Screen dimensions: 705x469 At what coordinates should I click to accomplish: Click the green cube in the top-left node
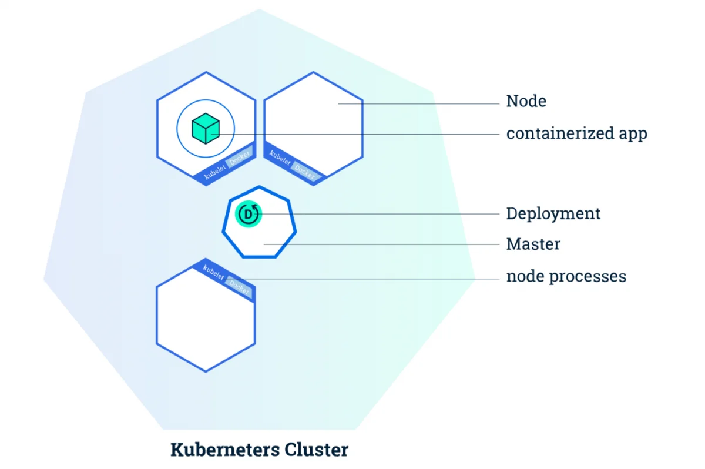206,129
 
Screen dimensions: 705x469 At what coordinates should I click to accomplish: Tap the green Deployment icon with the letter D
249,214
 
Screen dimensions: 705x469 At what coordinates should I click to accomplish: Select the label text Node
526,101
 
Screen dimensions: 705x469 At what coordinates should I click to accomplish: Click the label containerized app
576,133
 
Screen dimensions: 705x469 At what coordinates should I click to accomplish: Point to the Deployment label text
553,213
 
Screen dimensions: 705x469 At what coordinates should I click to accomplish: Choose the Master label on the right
533,244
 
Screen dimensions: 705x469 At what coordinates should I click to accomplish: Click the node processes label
566,276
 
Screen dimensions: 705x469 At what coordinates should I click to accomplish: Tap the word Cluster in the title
316,449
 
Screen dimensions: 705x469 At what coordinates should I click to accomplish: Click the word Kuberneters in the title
225,449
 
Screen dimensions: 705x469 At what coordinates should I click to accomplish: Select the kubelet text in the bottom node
213,272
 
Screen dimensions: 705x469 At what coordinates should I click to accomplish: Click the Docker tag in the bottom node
239,287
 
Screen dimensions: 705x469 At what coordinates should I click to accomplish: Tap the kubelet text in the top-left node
215,172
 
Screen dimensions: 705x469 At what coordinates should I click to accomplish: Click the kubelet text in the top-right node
280,158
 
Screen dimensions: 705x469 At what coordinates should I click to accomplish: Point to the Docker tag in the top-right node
305,172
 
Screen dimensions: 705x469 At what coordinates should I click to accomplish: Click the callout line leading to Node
418,103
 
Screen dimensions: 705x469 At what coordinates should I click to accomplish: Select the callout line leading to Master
381,244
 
